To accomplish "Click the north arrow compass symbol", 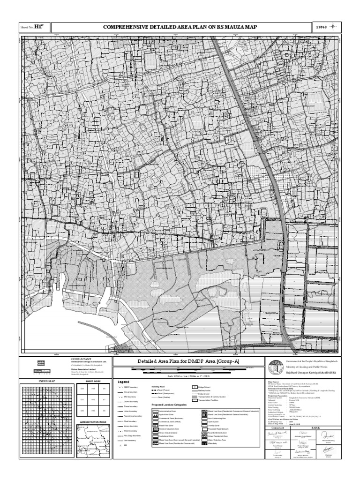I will point(333,27).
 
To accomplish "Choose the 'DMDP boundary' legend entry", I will point(130,387).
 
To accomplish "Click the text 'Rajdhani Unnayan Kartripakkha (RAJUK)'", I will point(311,372).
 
